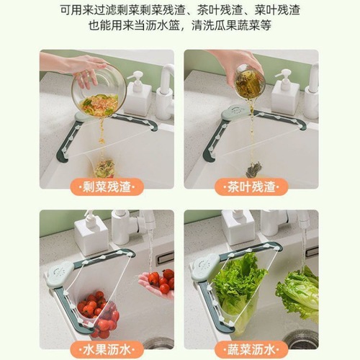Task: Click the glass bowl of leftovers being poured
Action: click(99, 94)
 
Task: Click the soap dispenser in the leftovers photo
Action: click(138, 94)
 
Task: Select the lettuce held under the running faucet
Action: click(298, 292)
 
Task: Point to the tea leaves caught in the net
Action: click(254, 169)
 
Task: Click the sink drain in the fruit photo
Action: click(160, 343)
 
